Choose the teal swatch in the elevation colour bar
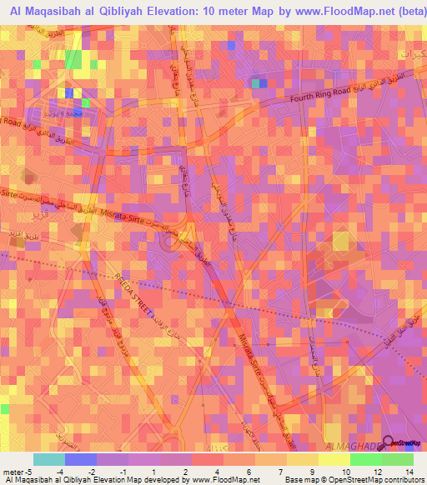pos(49,459)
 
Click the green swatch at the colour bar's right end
pos(398,459)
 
